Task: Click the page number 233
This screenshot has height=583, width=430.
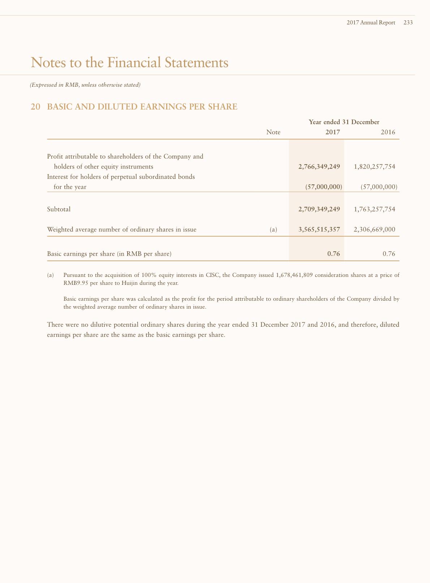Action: pyautogui.click(x=408, y=22)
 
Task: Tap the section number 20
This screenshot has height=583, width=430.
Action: pyautogui.click(x=35, y=107)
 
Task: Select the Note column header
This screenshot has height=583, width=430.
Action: pyautogui.click(x=273, y=132)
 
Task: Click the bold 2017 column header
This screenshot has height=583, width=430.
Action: pyautogui.click(x=332, y=132)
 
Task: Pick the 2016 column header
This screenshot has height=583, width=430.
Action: pyautogui.click(x=388, y=132)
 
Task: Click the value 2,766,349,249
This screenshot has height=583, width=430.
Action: pyautogui.click(x=319, y=167)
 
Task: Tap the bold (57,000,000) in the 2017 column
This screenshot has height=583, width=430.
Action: pyautogui.click(x=323, y=187)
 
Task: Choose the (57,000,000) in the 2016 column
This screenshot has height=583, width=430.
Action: pyautogui.click(x=379, y=187)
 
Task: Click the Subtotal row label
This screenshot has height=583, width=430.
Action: pyautogui.click(x=59, y=209)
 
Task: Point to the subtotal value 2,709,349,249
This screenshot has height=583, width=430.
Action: pyautogui.click(x=319, y=209)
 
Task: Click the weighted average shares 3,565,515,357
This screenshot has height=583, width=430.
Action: pyautogui.click(x=319, y=230)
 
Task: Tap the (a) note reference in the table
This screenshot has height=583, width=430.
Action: pyautogui.click(x=274, y=230)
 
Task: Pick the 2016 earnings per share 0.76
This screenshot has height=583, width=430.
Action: pyautogui.click(x=389, y=254)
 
